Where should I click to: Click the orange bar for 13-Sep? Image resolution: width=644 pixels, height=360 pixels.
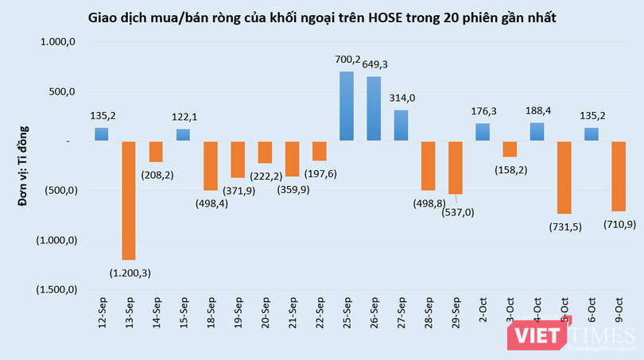click(128, 200)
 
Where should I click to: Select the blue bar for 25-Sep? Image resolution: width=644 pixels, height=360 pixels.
click(347, 106)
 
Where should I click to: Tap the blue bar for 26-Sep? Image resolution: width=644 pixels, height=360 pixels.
click(374, 109)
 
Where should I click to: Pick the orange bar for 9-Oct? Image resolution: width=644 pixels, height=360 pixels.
click(619, 176)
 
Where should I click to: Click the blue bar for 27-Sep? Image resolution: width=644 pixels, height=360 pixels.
click(402, 126)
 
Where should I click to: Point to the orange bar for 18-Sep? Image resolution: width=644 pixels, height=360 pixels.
click(210, 165)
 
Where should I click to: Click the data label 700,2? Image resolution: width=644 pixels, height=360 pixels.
click(347, 59)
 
